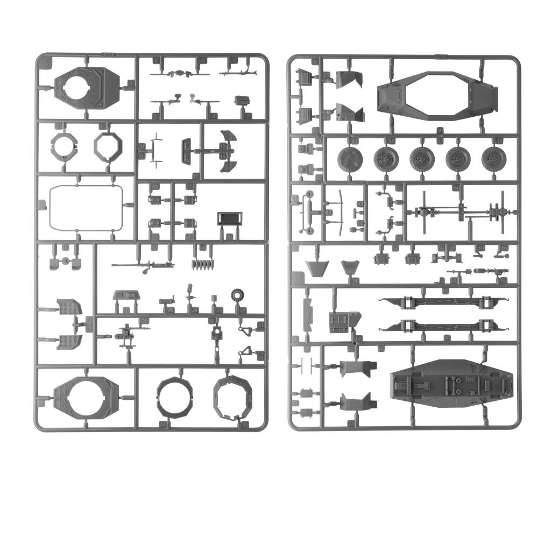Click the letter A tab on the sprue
click(x=44, y=63)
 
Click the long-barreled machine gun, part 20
click(x=143, y=265)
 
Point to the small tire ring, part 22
click(x=238, y=296)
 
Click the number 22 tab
click(x=242, y=310)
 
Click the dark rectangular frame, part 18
click(x=230, y=219)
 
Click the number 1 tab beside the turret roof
click(x=131, y=84)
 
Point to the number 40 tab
click(x=440, y=131)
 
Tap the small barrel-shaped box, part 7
click(x=244, y=101)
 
